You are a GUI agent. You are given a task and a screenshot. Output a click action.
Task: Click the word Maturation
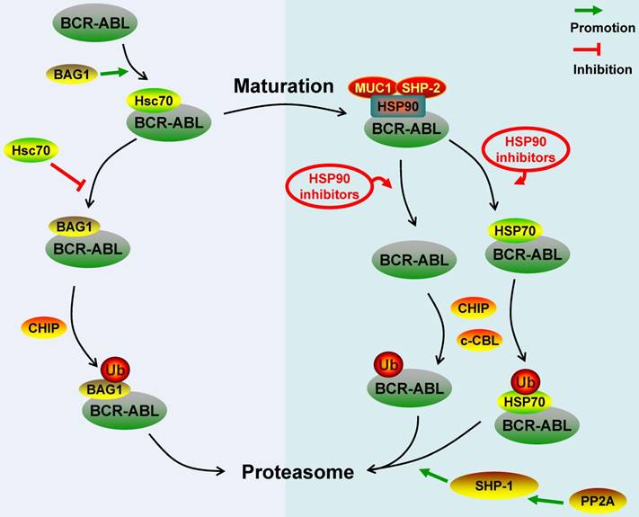(284, 87)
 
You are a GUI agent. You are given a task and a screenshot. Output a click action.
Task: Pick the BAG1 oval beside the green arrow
(66, 69)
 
